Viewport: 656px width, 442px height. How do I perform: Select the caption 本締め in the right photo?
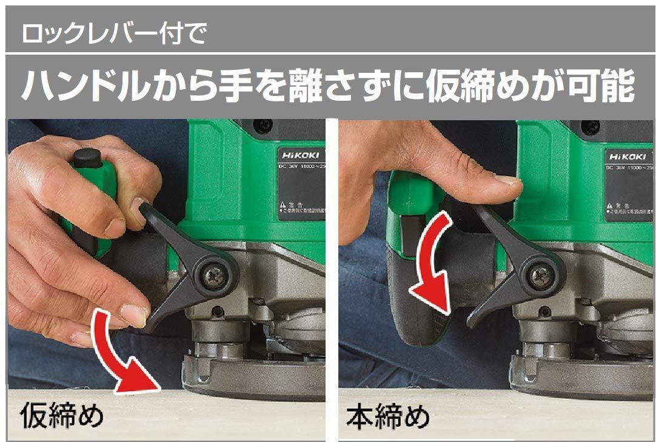tap(388, 417)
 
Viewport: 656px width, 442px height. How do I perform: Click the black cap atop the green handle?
tap(85, 157)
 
